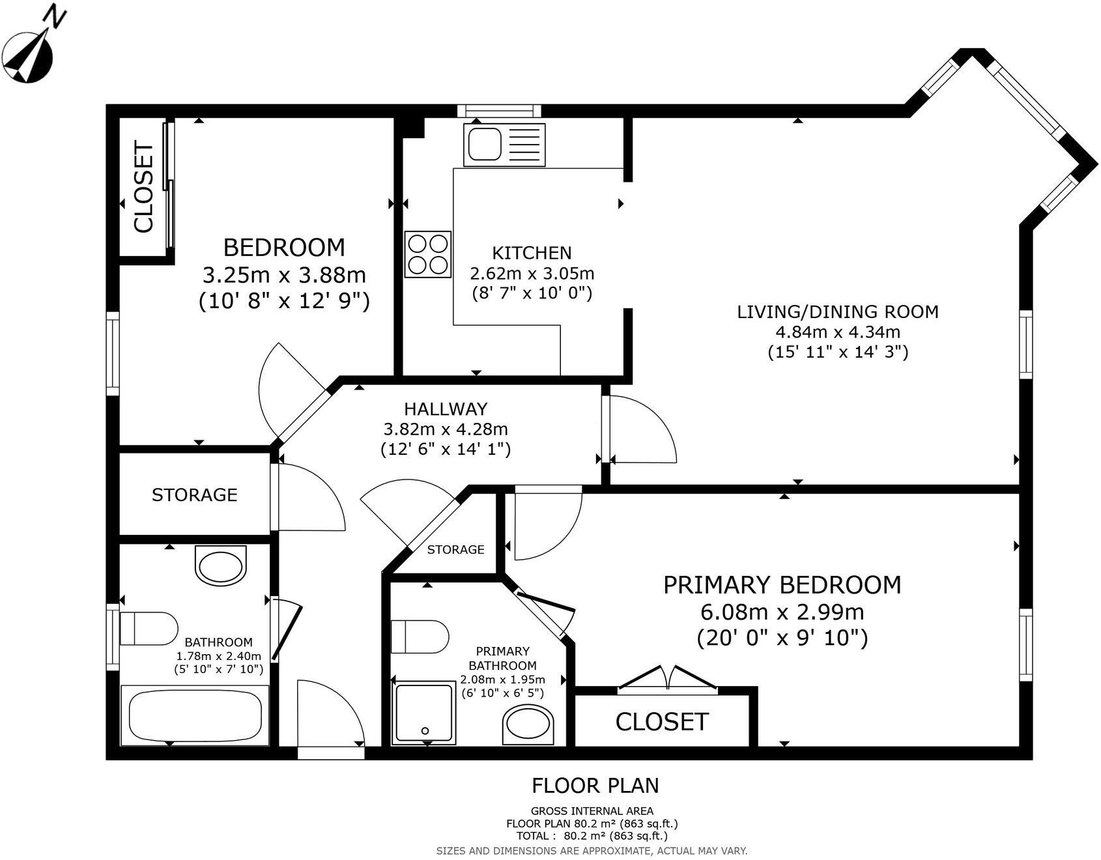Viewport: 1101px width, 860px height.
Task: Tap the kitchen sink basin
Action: [x=483, y=145]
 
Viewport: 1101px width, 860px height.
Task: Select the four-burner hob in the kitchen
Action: [x=428, y=254]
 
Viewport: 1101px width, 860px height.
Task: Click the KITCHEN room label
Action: [x=532, y=253]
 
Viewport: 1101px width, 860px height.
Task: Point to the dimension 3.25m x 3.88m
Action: [x=284, y=275]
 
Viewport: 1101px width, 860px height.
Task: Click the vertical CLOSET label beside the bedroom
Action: [x=144, y=188]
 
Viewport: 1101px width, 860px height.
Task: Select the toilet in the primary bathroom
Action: [x=420, y=637]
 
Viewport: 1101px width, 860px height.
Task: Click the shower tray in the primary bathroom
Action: [x=425, y=713]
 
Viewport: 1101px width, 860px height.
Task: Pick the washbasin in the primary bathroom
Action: [x=528, y=726]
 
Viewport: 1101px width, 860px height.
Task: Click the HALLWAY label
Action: [x=446, y=409]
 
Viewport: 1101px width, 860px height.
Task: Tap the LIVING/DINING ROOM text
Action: [x=837, y=312]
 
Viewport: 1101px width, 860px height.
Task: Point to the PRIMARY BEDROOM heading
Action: [x=782, y=585]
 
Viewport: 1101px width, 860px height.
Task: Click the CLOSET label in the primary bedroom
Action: [x=661, y=722]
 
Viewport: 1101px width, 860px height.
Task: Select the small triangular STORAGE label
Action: [x=455, y=550]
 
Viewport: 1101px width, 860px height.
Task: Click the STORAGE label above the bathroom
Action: [x=194, y=495]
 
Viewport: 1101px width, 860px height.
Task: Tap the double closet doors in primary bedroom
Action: [x=667, y=678]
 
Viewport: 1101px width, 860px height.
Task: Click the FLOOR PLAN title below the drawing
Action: [x=595, y=786]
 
